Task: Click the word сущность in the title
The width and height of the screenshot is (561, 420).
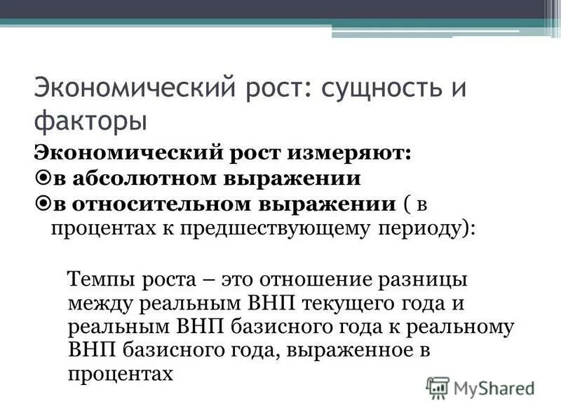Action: tap(374, 90)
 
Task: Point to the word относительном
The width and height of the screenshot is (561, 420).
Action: tap(158, 204)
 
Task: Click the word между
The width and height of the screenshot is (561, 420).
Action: tap(101, 304)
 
